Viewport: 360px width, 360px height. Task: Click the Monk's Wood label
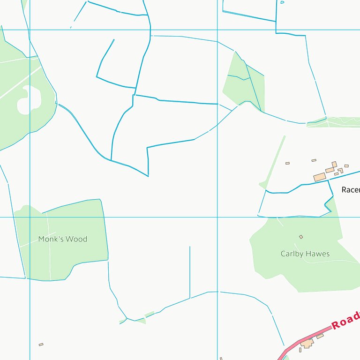[63, 239]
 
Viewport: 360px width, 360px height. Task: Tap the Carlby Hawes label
[305, 254]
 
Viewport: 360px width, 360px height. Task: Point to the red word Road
[345, 321]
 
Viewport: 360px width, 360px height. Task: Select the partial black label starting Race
[351, 190]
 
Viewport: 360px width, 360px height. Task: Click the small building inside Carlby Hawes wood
[301, 237]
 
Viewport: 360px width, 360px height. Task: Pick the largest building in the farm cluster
[320, 177]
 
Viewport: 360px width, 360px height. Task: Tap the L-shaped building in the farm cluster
[340, 170]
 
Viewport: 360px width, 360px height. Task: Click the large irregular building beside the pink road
[307, 344]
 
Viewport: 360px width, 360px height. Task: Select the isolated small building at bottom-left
[41, 345]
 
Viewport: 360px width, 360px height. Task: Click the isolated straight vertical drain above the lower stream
[190, 272]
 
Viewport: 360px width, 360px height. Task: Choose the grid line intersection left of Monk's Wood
[30, 217]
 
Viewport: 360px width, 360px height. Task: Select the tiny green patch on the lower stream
[149, 314]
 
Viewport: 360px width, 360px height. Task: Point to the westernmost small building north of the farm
[287, 163]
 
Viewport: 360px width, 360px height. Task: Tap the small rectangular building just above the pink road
[320, 336]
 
